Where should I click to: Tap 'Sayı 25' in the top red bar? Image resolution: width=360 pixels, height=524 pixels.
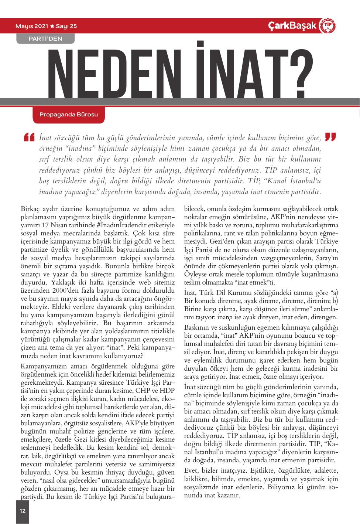point(66,26)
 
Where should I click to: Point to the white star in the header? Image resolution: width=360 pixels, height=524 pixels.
point(52,26)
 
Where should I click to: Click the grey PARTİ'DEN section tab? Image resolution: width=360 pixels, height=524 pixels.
point(45,38)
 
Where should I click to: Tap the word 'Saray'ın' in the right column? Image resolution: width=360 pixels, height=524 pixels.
point(325,258)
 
